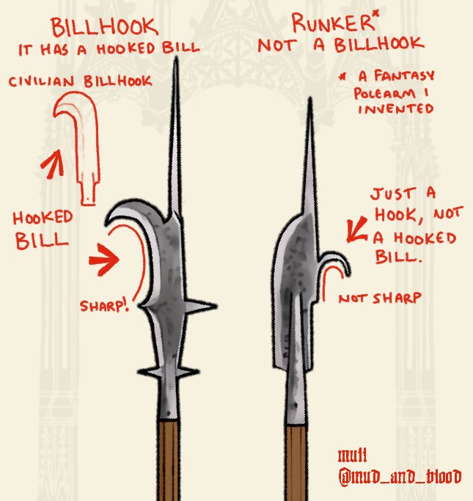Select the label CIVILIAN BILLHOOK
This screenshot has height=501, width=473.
(x=80, y=81)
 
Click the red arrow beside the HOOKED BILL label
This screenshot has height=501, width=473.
(x=103, y=259)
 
